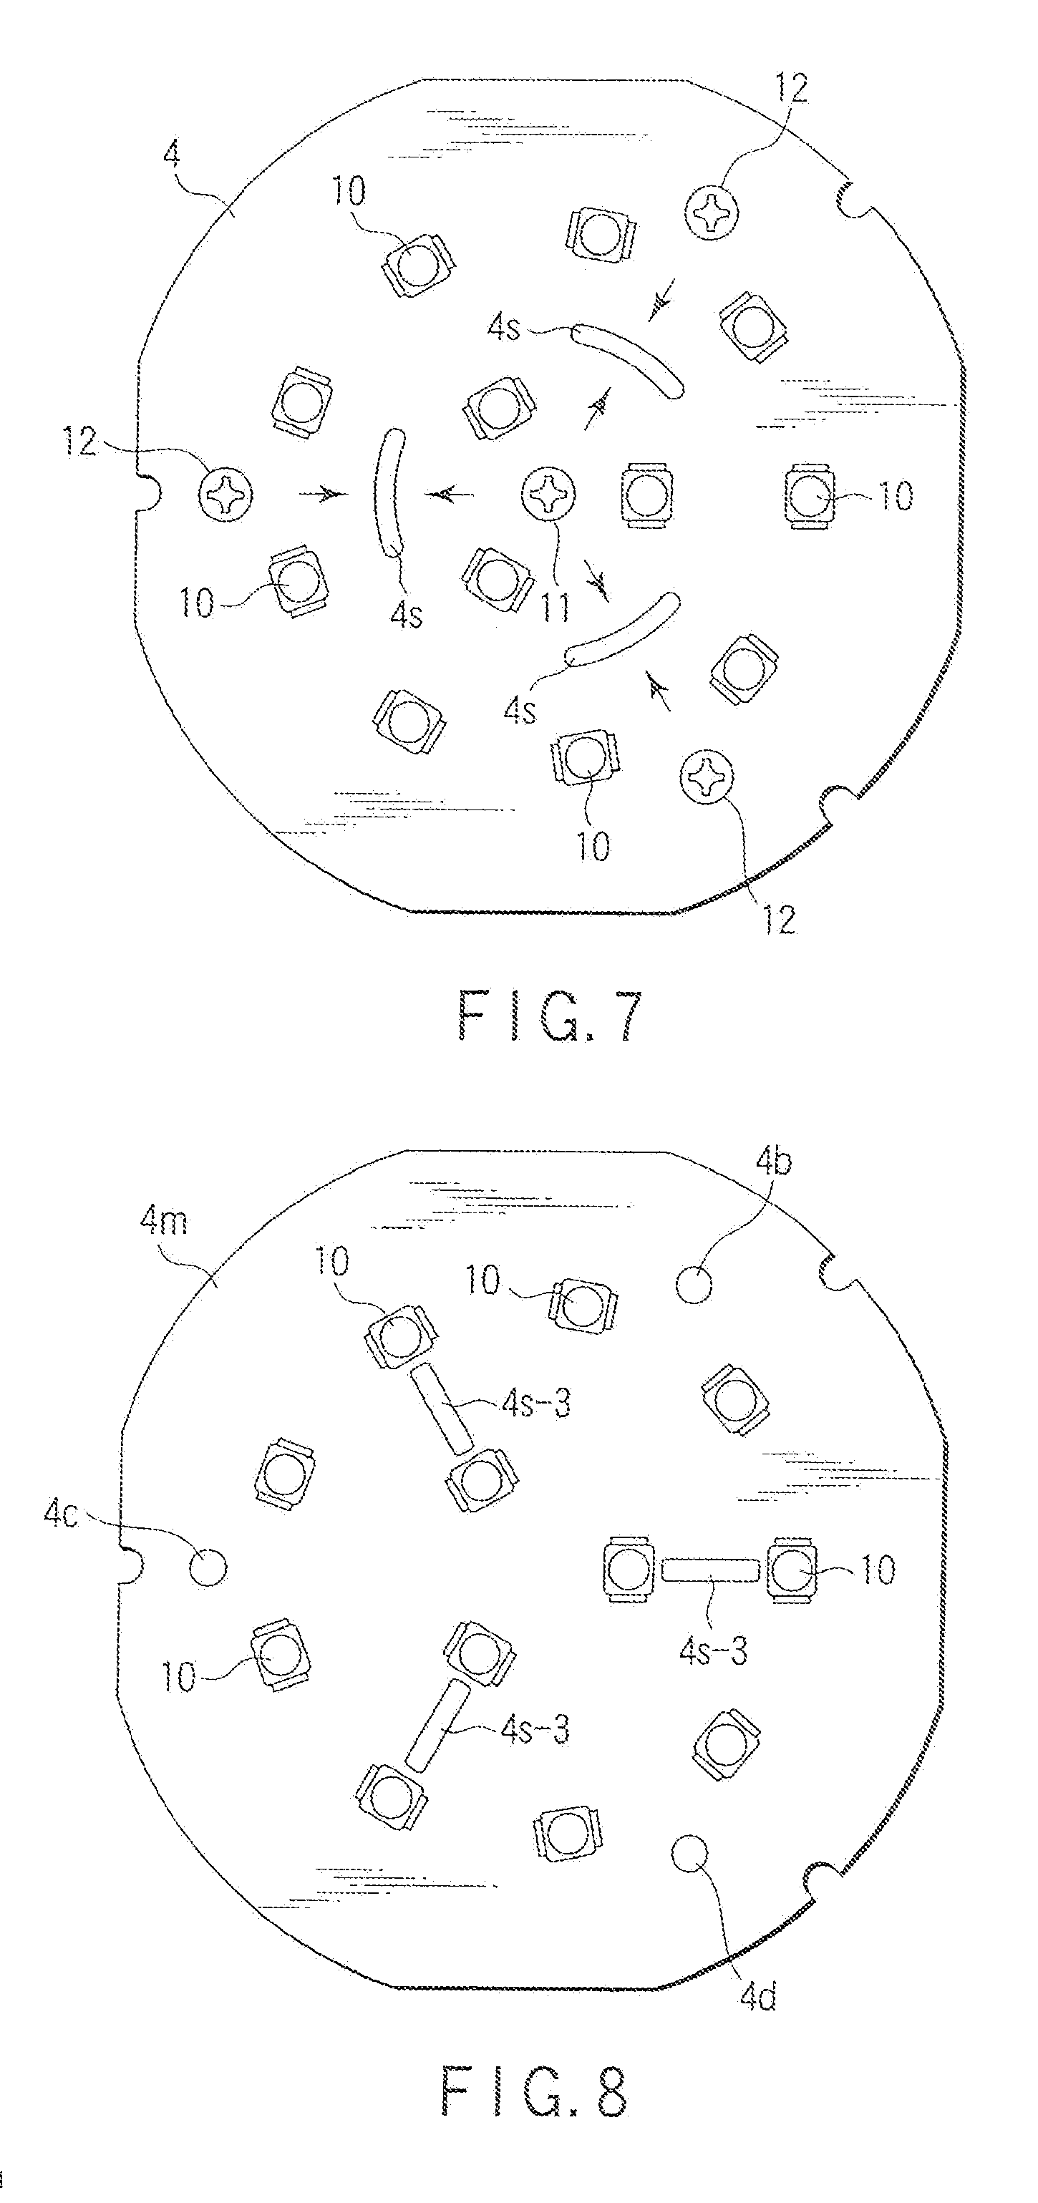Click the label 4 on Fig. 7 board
click(172, 157)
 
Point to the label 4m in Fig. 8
click(163, 1221)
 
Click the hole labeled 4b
click(694, 1284)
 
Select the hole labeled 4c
click(208, 1567)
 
